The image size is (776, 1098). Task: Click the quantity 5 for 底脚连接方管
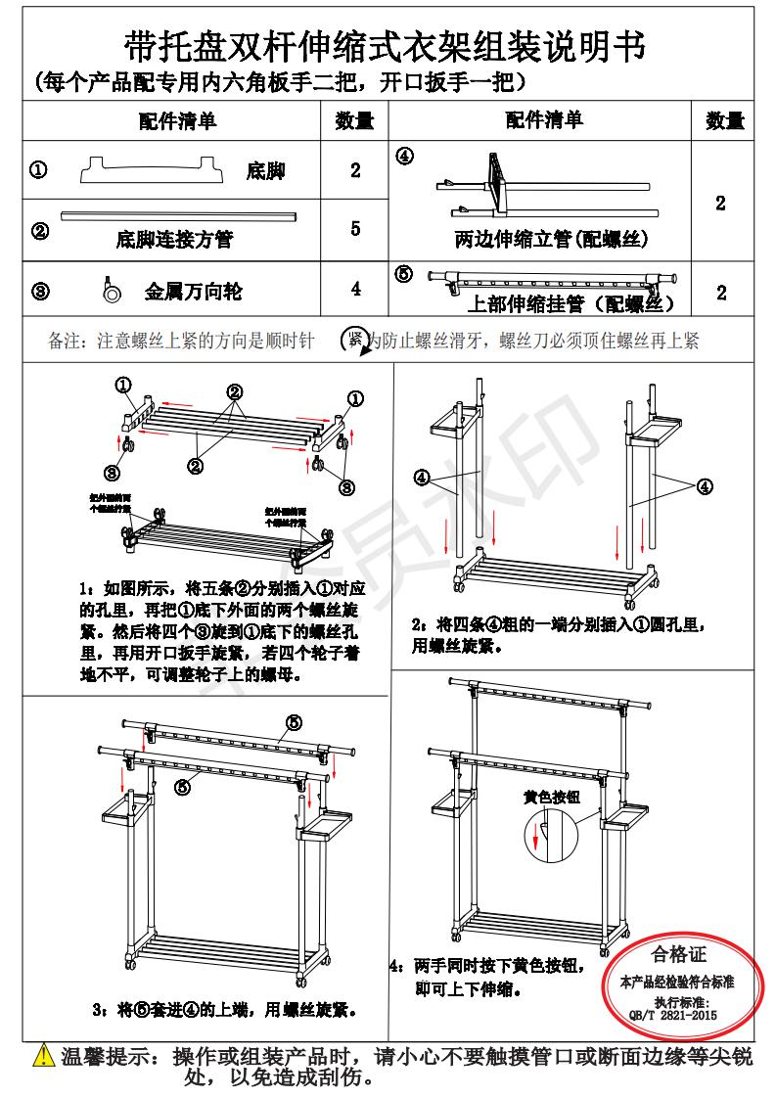pyautogui.click(x=355, y=229)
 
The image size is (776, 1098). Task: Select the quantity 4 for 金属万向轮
pyautogui.click(x=355, y=290)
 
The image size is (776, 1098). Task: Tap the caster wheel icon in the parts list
pyautogui.click(x=110, y=290)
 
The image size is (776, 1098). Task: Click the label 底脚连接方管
pyautogui.click(x=174, y=239)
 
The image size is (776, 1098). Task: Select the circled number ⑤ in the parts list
pyautogui.click(x=404, y=274)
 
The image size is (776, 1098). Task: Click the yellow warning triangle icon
pyautogui.click(x=43, y=1058)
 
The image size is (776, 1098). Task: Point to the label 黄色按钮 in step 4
pyautogui.click(x=551, y=797)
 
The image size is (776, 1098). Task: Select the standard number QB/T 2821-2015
pyautogui.click(x=678, y=1016)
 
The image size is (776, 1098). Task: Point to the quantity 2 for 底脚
pyautogui.click(x=355, y=170)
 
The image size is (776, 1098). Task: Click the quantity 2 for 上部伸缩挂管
pyautogui.click(x=721, y=293)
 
